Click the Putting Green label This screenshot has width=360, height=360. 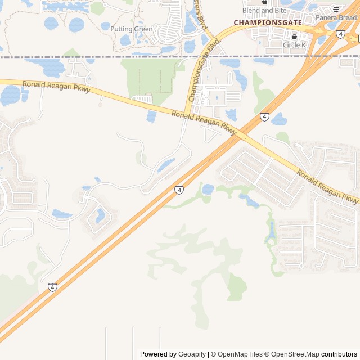coord(131,29)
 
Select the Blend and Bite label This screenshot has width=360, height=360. coord(264,11)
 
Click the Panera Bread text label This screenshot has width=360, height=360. coord(336,18)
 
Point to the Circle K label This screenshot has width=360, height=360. coord(294,45)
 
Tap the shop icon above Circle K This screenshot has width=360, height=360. coord(294,37)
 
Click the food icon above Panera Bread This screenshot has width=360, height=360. coord(336,9)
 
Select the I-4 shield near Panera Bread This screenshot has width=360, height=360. coord(340,34)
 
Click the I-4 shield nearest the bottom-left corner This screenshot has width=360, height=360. coord(52,287)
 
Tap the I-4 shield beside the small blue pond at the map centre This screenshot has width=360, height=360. coord(179,190)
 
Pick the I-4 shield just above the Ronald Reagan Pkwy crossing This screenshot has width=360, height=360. coord(264,116)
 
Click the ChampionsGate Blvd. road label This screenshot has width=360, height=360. coord(200,73)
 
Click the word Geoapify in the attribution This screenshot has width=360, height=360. coord(192,354)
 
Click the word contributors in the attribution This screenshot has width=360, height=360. coord(339,354)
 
